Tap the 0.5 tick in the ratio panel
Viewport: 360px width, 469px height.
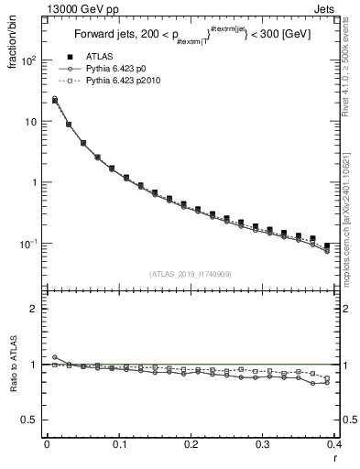coord(31,420)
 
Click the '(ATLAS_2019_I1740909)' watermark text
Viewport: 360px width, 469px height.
coord(190,274)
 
